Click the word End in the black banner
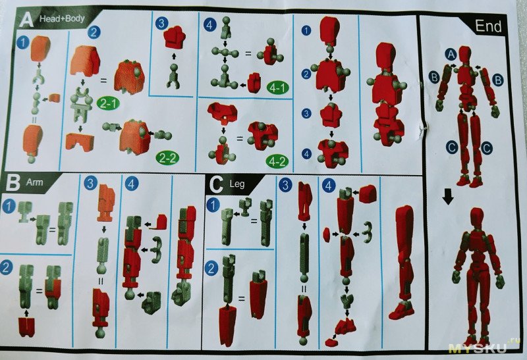click(x=488, y=26)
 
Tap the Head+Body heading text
click(x=62, y=18)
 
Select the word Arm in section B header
click(x=35, y=182)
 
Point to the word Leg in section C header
click(x=237, y=184)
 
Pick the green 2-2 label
click(x=167, y=158)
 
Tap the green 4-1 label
click(x=277, y=88)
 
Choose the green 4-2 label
click(x=277, y=161)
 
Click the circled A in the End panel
click(x=451, y=55)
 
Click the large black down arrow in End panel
click(x=447, y=197)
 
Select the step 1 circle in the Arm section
click(x=9, y=205)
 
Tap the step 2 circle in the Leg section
click(x=211, y=269)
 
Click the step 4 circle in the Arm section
click(x=131, y=184)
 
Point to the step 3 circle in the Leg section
click(x=285, y=185)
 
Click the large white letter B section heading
click(x=13, y=183)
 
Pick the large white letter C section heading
click(x=216, y=184)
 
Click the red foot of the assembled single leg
click(x=401, y=311)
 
